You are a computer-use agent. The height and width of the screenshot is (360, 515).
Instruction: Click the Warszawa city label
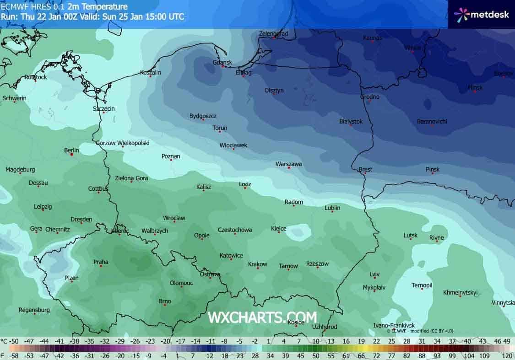288,164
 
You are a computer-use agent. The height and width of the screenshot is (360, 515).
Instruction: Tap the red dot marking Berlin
72,155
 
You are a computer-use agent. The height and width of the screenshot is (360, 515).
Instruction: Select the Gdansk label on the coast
222,62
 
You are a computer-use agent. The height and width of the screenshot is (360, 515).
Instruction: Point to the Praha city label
101,262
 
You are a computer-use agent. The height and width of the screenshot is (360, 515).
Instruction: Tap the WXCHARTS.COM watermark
262,317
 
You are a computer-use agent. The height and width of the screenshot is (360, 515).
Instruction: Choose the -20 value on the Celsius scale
165,341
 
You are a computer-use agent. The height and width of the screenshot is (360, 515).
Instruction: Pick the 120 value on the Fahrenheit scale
506,355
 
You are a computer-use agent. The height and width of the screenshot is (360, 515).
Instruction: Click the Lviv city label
374,274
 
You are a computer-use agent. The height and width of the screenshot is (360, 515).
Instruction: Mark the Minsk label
475,87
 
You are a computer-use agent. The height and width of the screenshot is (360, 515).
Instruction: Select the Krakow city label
257,264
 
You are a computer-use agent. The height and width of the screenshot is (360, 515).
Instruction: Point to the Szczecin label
103,108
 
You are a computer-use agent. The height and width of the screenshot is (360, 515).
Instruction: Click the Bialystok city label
351,121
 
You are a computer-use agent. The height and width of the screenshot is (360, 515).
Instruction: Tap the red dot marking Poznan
171,160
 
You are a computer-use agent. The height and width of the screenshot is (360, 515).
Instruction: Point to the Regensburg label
34,310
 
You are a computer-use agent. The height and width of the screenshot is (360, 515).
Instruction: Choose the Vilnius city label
412,47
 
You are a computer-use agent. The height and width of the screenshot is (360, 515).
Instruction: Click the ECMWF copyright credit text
413,330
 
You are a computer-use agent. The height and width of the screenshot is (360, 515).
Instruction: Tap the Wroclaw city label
174,218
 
